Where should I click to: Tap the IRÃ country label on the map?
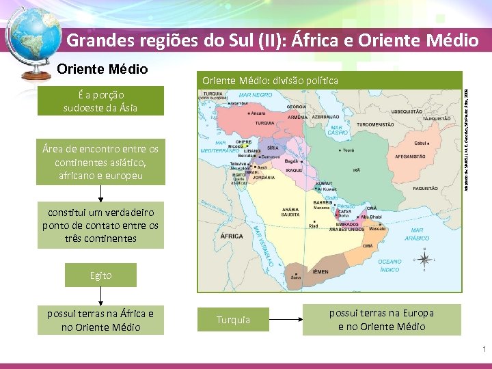356,170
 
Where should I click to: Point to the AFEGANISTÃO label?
410,156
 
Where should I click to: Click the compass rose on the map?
424,259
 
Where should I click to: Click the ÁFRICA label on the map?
232,236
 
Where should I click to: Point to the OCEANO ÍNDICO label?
390,265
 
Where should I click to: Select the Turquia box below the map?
233,320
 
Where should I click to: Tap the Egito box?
100,275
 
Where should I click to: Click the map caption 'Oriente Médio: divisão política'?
270,81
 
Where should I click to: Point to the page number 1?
484,350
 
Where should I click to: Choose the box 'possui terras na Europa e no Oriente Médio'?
381,320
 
